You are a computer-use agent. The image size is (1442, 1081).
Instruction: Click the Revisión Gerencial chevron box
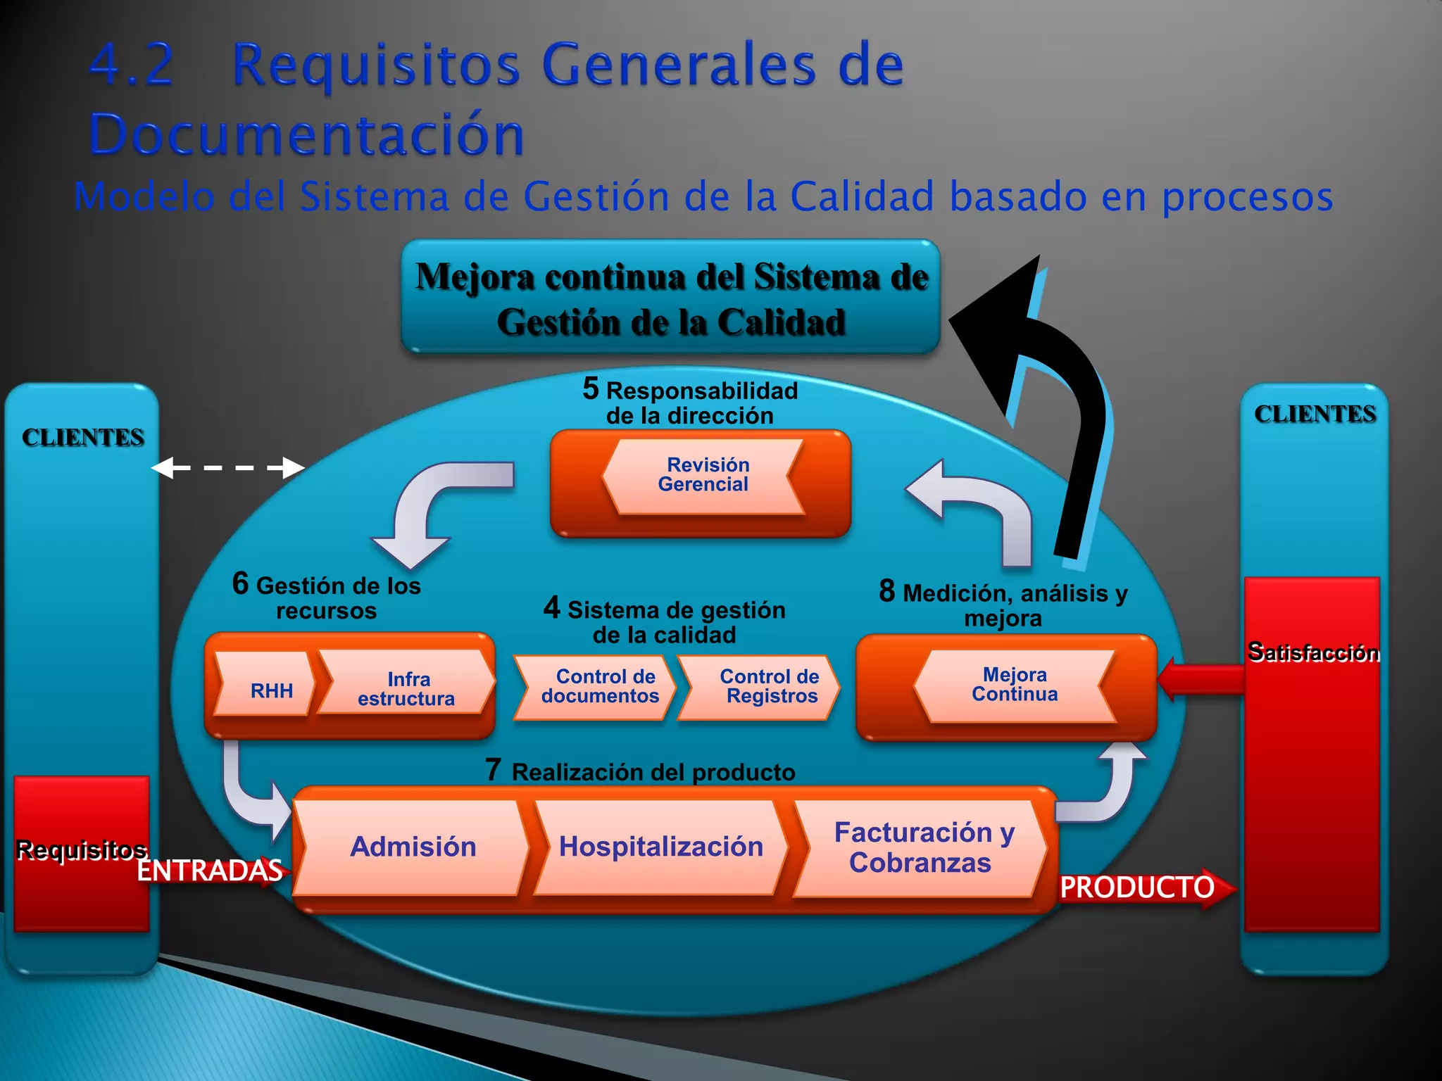click(703, 476)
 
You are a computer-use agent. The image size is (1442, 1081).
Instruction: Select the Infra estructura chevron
click(406, 685)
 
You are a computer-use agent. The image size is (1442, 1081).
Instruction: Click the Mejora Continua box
click(1014, 685)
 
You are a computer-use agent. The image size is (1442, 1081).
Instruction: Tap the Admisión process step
click(413, 847)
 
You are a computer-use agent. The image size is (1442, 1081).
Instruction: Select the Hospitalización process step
click(660, 847)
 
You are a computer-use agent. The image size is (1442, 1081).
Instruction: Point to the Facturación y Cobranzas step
click(922, 847)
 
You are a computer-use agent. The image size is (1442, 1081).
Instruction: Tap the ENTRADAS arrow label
click(210, 871)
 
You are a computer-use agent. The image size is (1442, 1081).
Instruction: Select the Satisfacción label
click(1313, 652)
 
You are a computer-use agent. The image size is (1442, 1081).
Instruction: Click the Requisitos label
click(82, 850)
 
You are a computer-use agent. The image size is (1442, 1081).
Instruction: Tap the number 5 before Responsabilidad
click(591, 388)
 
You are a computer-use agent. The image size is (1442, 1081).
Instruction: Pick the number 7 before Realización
click(493, 770)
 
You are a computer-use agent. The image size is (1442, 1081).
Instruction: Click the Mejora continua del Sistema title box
click(671, 297)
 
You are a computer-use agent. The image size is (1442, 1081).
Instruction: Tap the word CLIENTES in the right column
click(1315, 414)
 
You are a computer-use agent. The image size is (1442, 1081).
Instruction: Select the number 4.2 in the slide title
click(132, 65)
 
